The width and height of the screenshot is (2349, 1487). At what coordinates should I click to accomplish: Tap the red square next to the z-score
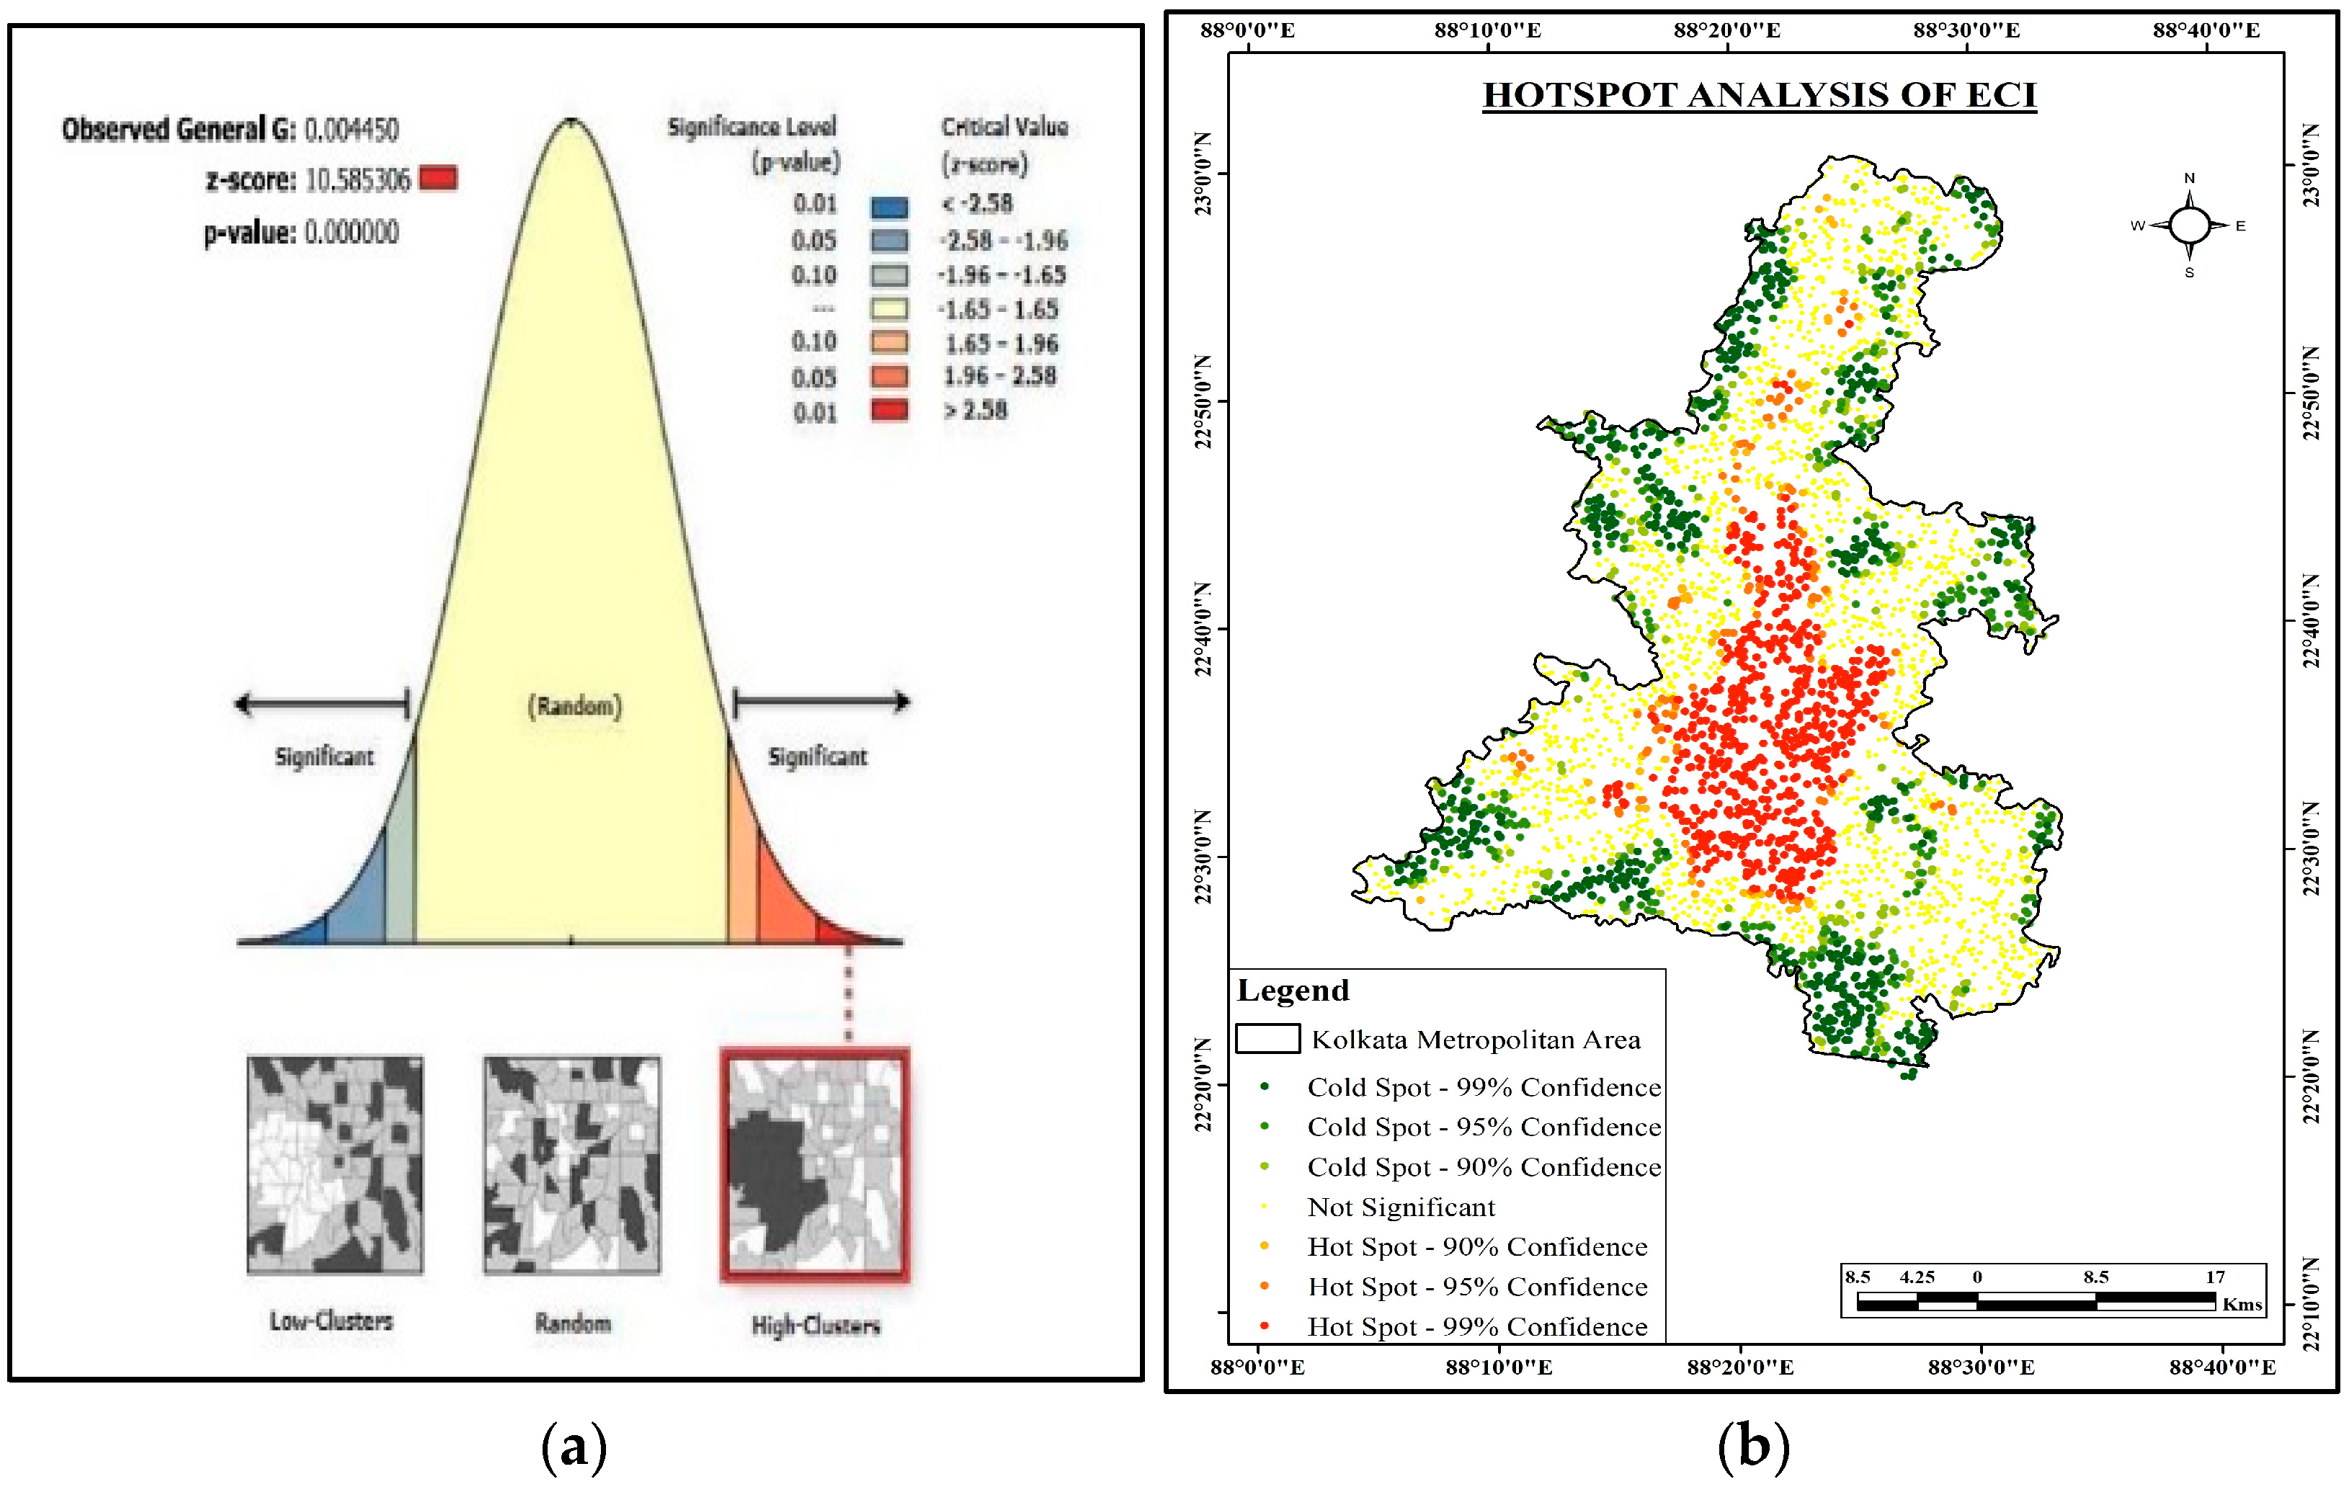pyautogui.click(x=438, y=179)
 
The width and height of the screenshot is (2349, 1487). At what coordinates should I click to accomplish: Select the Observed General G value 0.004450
pyautogui.click(x=351, y=130)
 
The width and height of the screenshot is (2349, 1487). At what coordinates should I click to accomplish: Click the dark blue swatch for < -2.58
pyautogui.click(x=888, y=207)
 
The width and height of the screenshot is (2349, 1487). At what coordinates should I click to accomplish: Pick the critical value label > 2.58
pyautogui.click(x=974, y=411)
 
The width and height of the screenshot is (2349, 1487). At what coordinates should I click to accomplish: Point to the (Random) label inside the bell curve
pyautogui.click(x=574, y=706)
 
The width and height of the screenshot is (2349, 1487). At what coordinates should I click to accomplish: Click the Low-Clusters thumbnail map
pyautogui.click(x=334, y=1165)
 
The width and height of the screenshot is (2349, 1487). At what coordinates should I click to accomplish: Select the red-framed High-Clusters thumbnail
pyautogui.click(x=814, y=1165)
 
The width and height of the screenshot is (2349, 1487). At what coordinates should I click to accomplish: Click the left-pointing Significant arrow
pyautogui.click(x=322, y=703)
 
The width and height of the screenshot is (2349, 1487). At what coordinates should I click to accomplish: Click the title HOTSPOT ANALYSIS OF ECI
pyautogui.click(x=1759, y=96)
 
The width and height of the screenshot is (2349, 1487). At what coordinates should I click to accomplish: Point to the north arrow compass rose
pyautogui.click(x=2189, y=225)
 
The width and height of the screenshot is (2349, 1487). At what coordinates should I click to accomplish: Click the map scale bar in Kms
pyautogui.click(x=2035, y=1300)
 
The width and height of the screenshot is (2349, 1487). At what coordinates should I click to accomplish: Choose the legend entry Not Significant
pyautogui.click(x=1401, y=1207)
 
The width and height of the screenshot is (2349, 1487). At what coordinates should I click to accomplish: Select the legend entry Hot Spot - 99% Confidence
pyautogui.click(x=1477, y=1327)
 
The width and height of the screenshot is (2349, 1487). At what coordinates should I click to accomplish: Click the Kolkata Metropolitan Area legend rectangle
pyautogui.click(x=1267, y=1038)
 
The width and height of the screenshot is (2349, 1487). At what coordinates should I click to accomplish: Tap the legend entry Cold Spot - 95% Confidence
pyautogui.click(x=1483, y=1127)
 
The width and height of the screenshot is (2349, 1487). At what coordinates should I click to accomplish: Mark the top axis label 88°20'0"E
pyautogui.click(x=1726, y=30)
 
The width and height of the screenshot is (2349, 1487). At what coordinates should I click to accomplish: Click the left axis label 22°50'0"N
pyautogui.click(x=1204, y=402)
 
